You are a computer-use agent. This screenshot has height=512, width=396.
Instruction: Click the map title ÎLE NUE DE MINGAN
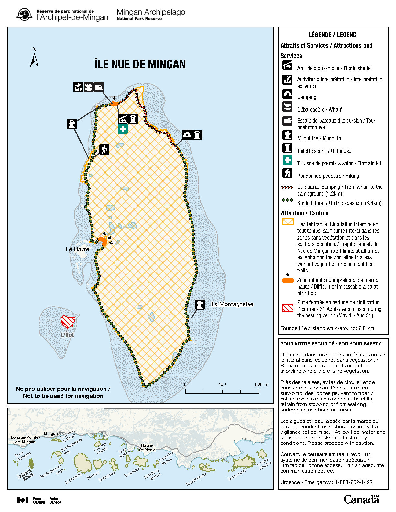coord(140,64)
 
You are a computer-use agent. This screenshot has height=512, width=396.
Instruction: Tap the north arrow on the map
coord(34,59)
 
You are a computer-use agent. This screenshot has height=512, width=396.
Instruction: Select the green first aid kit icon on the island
coord(123,129)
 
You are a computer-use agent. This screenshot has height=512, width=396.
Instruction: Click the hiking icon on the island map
coord(104,149)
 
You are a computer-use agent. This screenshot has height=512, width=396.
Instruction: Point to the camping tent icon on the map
coord(187,134)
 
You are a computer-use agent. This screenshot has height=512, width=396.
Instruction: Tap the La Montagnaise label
coord(232,304)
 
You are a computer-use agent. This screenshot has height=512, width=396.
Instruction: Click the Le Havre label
coord(77,249)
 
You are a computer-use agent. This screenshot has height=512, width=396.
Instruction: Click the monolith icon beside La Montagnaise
coord(200,304)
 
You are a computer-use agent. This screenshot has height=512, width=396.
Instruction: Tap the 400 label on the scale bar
coord(222,384)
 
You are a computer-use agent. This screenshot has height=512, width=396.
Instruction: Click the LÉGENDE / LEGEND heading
coord(332,35)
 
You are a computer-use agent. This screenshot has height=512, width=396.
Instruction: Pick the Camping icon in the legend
coord(287,94)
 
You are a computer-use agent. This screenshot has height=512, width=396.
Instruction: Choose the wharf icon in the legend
coord(287,107)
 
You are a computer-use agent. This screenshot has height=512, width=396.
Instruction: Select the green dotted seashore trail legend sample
coord(287,200)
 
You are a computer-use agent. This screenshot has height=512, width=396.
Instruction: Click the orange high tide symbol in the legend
coord(288,280)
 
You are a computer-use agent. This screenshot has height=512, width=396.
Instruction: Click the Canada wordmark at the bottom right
coord(361,499)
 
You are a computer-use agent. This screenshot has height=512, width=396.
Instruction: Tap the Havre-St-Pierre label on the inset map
coord(147,448)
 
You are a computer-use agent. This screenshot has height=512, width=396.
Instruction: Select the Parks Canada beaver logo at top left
coord(24,15)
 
